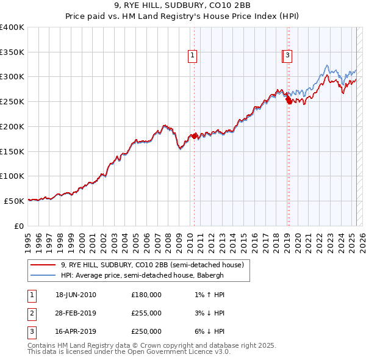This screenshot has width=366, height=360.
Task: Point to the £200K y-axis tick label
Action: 12,126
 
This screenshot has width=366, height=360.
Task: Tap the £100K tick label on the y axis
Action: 12,176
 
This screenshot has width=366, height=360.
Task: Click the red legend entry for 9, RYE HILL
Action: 152,265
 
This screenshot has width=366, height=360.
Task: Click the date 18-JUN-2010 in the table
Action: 76,295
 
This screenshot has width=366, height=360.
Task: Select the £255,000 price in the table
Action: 146,313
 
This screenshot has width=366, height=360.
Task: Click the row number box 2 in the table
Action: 31,313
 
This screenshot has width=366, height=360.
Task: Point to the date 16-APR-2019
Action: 76,331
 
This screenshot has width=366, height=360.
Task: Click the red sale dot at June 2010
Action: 195,136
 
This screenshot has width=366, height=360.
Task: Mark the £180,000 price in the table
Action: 146,295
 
